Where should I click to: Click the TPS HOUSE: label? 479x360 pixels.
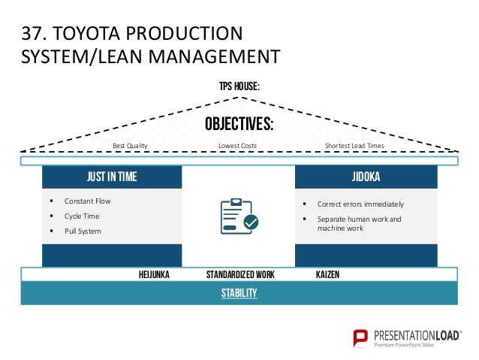click(x=239, y=87)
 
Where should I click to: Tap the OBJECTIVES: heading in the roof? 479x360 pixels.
click(x=239, y=124)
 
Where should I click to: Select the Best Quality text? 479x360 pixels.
click(x=130, y=145)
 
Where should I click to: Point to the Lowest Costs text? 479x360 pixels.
click(x=236, y=145)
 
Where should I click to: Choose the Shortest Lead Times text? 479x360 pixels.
click(x=354, y=145)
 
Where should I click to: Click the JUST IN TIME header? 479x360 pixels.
click(x=112, y=177)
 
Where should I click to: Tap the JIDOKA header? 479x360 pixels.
click(x=366, y=177)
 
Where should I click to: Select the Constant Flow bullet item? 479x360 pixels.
click(x=87, y=201)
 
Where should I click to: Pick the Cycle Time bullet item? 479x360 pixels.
click(x=82, y=216)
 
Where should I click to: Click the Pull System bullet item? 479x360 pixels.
click(x=83, y=231)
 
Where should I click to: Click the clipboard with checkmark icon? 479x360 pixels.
click(x=239, y=216)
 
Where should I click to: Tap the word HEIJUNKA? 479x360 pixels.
click(x=155, y=275)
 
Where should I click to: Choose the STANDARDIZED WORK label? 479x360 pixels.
click(x=239, y=275)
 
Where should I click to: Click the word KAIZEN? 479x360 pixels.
click(x=328, y=275)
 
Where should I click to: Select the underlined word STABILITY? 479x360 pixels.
click(x=239, y=293)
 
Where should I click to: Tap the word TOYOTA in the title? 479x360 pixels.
click(x=85, y=35)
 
